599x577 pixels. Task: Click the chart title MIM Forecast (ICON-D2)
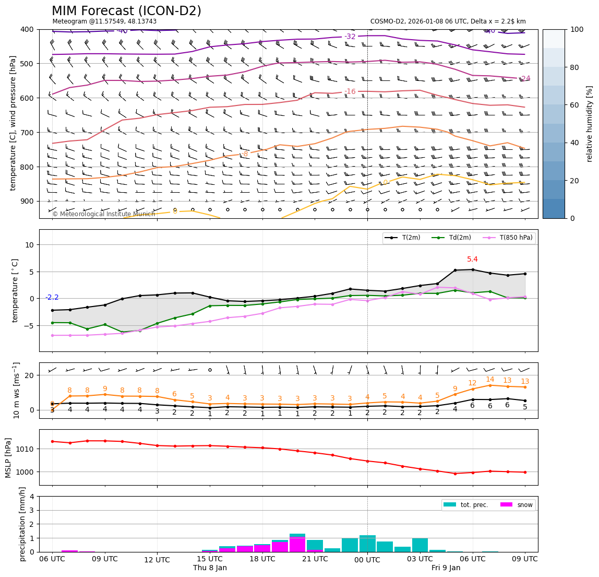(x=126, y=11)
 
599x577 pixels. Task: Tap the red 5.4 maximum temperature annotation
(x=472, y=260)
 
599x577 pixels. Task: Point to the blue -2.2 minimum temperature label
(x=52, y=298)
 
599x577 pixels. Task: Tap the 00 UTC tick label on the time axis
(x=367, y=559)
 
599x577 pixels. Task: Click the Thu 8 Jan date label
(x=210, y=568)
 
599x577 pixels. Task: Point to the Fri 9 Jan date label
(x=446, y=568)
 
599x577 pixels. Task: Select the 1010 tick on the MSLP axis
(x=27, y=449)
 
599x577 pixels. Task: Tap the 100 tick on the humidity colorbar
(x=577, y=29)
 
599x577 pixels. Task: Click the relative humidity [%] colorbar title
(x=590, y=124)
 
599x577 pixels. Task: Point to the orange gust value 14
(x=490, y=380)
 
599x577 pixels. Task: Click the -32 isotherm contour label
(x=350, y=37)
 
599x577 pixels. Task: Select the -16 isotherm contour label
(x=350, y=92)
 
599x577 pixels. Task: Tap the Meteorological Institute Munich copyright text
(x=103, y=214)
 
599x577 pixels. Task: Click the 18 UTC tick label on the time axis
(x=262, y=559)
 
